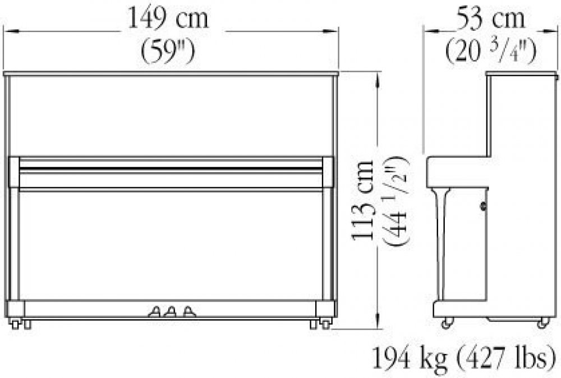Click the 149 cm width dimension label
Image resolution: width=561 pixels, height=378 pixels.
pyautogui.click(x=168, y=18)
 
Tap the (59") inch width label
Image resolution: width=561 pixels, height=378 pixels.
pyautogui.click(x=168, y=51)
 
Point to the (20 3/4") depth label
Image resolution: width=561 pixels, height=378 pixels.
pyautogui.click(x=490, y=51)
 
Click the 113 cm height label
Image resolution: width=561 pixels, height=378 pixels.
pyautogui.click(x=363, y=200)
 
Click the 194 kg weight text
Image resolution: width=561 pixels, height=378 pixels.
pyautogui.click(x=410, y=359)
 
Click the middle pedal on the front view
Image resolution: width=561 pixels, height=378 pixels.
pyautogui.click(x=171, y=312)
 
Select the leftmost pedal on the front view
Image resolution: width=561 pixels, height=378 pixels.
pyautogui.click(x=155, y=312)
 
